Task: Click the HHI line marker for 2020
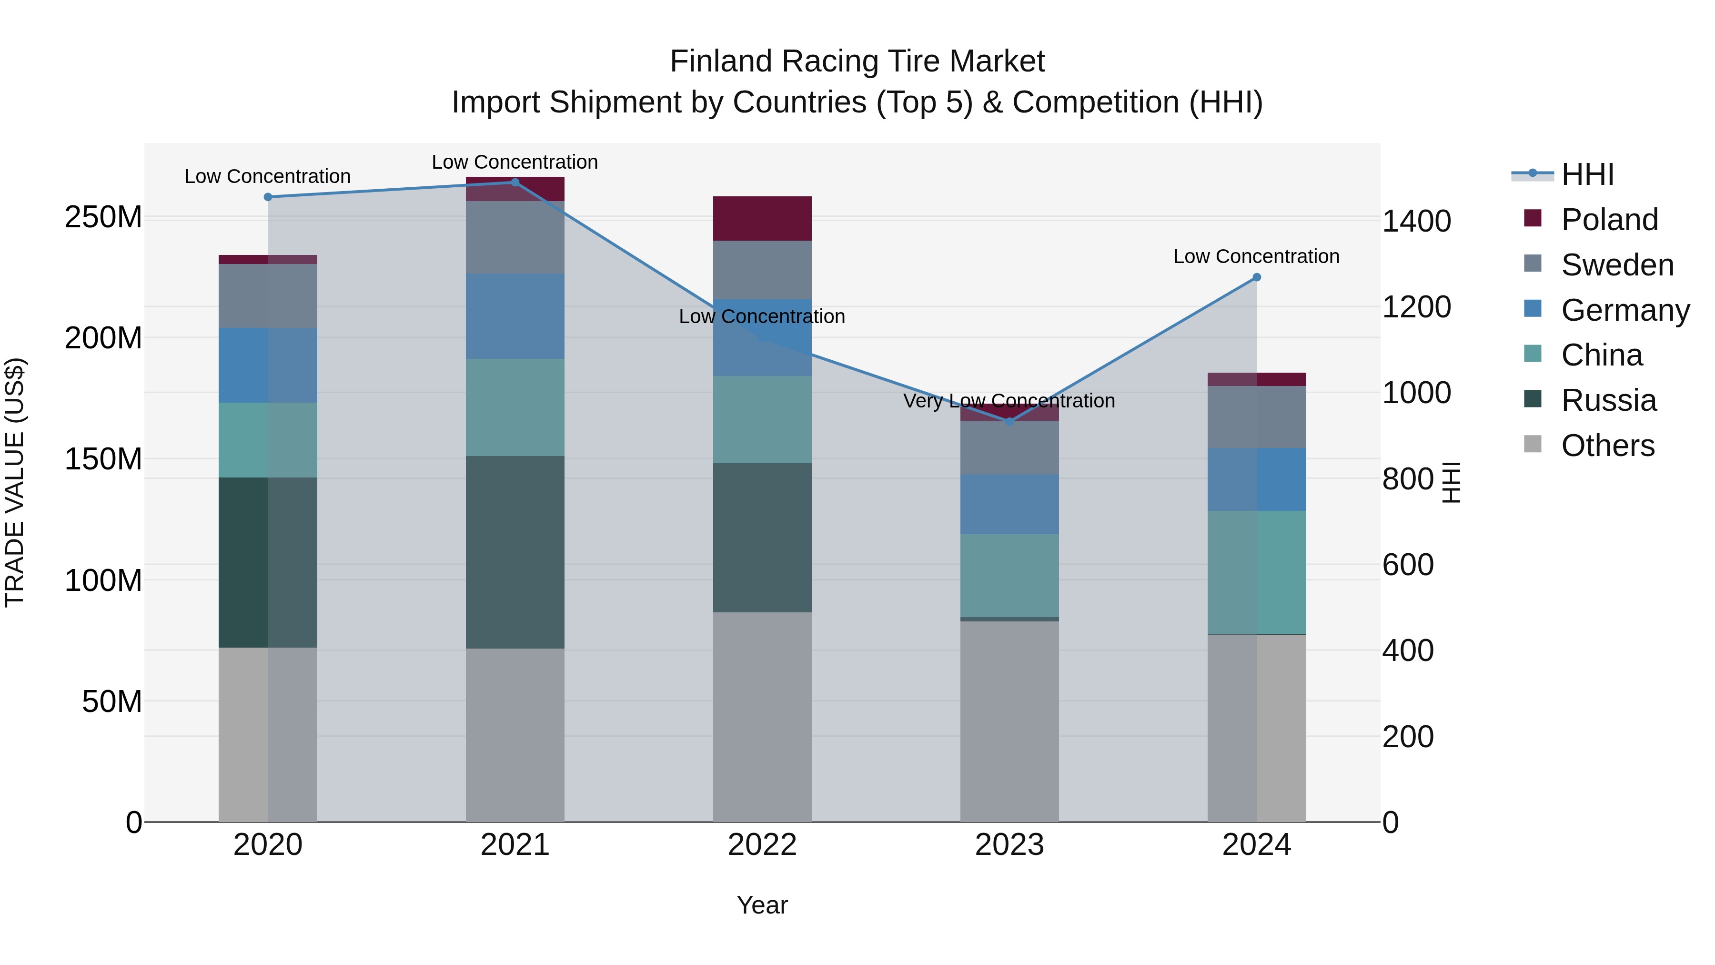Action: [x=268, y=197]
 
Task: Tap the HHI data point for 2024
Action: [x=1256, y=278]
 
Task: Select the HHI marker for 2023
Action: [x=1009, y=422]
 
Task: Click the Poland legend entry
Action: [x=1608, y=220]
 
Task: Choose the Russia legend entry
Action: [x=1608, y=400]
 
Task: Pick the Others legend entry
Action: [x=1607, y=446]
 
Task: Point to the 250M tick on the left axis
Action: [x=103, y=217]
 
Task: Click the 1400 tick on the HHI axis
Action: [x=1416, y=221]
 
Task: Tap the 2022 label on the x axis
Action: [x=762, y=845]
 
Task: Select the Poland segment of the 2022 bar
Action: [x=762, y=218]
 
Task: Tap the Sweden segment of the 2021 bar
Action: [x=514, y=237]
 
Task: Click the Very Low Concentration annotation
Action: [x=1009, y=401]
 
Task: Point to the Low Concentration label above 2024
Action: [x=1256, y=256]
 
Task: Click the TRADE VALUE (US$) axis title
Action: [x=15, y=482]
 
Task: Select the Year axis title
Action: [x=762, y=905]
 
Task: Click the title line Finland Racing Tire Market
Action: [x=857, y=61]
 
